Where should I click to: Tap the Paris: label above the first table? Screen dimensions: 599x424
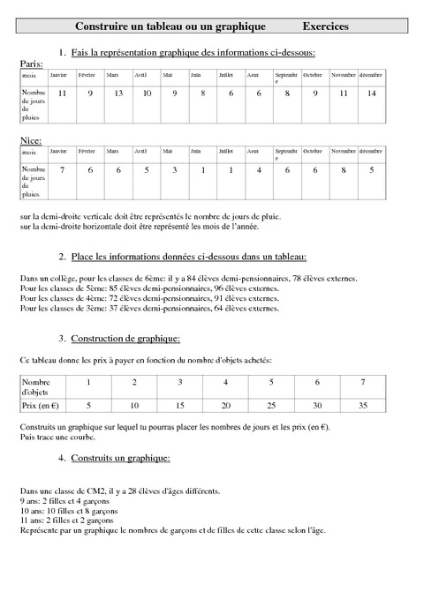coord(31,64)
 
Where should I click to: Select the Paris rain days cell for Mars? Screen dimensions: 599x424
coord(113,94)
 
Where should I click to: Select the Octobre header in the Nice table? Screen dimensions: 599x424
coord(313,152)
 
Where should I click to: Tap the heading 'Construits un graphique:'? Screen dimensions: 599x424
coord(120,459)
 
